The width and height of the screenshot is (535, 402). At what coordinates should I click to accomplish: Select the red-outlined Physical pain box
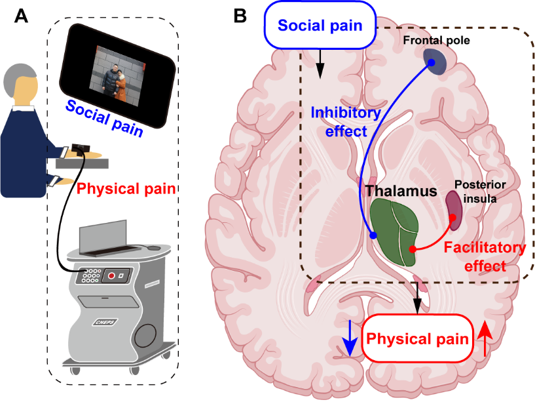tap(417, 338)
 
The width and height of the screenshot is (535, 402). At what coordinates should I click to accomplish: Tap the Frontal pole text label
tap(437, 41)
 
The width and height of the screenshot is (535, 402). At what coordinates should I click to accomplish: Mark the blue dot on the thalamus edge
tap(373, 235)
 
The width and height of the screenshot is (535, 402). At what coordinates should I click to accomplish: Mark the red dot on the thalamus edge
tap(412, 249)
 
